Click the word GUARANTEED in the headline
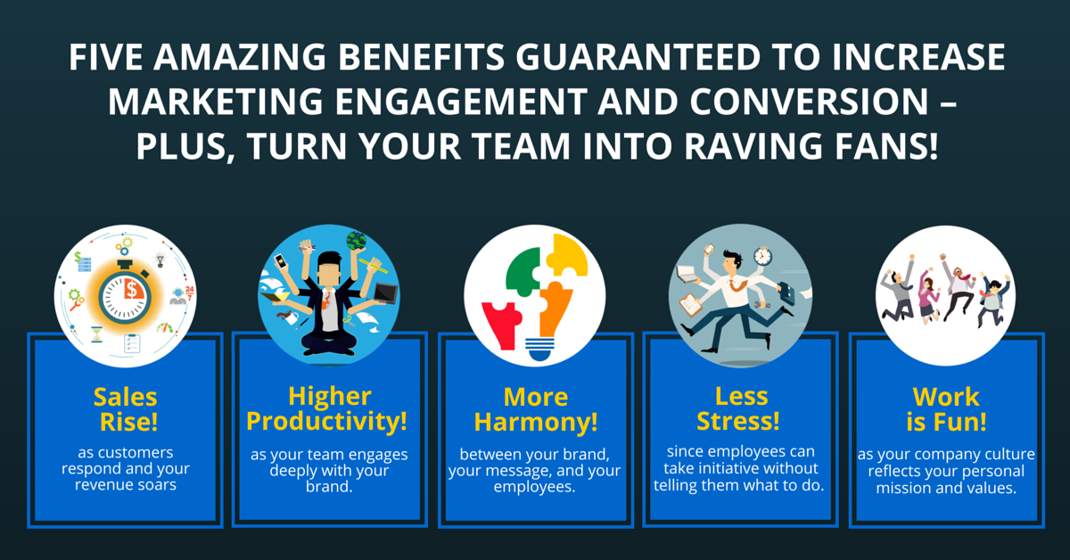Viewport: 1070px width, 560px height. [638, 57]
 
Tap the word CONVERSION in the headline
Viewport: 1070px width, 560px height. [810, 102]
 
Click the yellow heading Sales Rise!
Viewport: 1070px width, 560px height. [126, 409]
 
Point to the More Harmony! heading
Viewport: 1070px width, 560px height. [536, 409]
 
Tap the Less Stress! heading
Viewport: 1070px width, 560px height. [739, 409]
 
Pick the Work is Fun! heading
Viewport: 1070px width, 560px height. [946, 409]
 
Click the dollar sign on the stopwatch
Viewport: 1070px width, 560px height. [131, 289]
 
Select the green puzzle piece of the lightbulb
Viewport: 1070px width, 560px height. [523, 271]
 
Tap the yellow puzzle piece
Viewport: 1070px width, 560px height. [567, 256]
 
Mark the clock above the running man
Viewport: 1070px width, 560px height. [763, 256]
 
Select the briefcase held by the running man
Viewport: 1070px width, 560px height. [788, 292]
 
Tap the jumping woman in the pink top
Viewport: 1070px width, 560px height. [928, 297]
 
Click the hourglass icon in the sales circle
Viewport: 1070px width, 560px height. [97, 334]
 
